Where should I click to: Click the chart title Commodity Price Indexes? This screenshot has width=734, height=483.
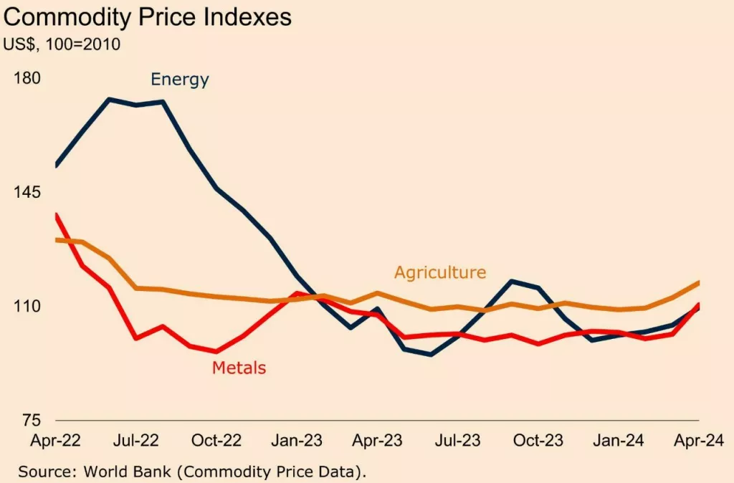[x=148, y=17]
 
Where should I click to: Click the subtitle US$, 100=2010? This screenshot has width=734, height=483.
[x=62, y=44]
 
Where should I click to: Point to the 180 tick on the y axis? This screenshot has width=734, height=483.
[x=28, y=78]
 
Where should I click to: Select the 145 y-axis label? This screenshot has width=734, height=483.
[x=28, y=193]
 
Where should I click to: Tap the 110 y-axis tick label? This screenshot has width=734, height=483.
[x=28, y=307]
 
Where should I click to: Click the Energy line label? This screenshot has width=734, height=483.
[x=179, y=80]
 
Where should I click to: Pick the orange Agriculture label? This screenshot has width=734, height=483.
[x=440, y=272]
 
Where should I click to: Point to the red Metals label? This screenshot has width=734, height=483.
[x=239, y=368]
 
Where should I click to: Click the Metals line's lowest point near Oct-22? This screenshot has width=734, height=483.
[x=216, y=351]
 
